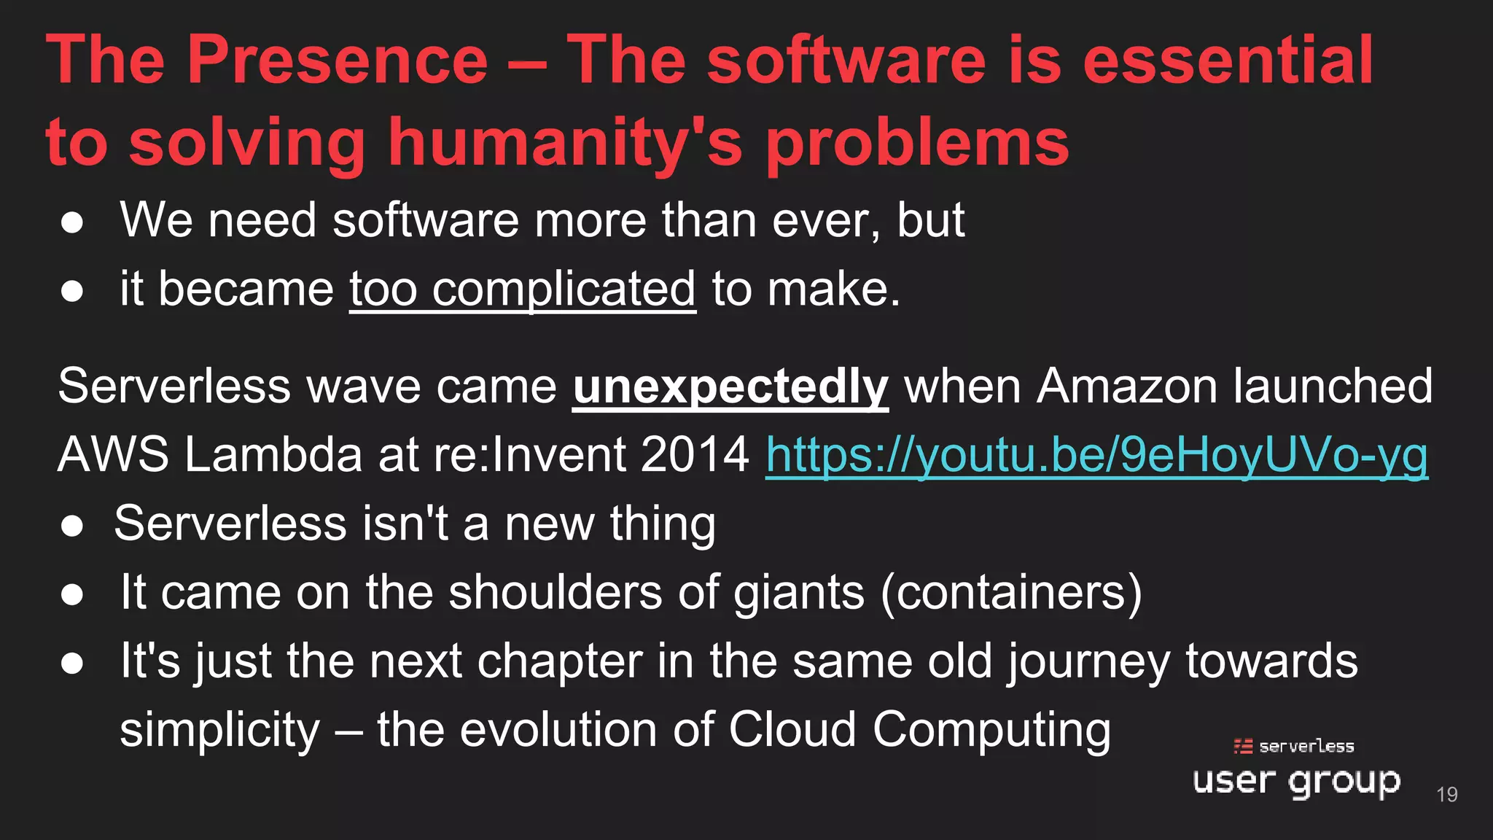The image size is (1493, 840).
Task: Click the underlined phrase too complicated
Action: tap(523, 289)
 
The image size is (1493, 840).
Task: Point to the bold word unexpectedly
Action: tap(730, 386)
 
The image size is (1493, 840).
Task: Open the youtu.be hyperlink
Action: tap(1096, 455)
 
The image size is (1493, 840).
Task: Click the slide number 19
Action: tap(1446, 794)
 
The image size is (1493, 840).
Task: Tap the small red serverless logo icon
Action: tap(1243, 746)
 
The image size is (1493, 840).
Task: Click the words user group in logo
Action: tap(1296, 782)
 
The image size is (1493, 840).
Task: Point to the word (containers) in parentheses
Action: tap(1011, 592)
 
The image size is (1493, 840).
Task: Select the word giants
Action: tap(798, 592)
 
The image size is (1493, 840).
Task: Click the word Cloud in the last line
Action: tap(792, 729)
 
